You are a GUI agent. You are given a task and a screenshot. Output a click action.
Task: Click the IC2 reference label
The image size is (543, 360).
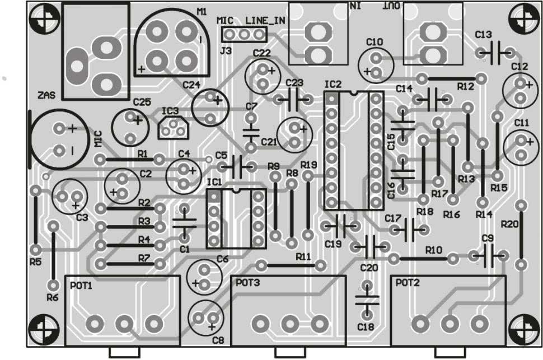click(333, 84)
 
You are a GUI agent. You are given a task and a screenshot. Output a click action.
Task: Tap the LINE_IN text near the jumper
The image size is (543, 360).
click(265, 21)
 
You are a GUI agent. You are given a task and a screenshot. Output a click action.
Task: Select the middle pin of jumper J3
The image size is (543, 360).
click(244, 34)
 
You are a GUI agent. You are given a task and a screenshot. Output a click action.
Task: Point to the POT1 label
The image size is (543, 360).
click(81, 286)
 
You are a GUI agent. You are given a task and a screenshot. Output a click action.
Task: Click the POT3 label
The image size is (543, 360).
click(247, 283)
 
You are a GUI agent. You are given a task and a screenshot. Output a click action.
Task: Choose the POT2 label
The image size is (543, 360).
click(408, 283)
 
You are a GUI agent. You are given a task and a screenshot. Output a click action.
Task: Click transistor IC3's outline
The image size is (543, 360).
click(174, 128)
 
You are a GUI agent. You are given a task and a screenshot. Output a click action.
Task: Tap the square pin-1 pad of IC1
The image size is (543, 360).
click(214, 197)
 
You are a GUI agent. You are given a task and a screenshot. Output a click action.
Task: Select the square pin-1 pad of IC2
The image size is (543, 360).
click(331, 99)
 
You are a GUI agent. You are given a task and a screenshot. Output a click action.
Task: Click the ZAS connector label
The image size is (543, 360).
click(46, 95)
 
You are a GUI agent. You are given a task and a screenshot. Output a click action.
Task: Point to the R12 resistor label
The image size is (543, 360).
click(465, 87)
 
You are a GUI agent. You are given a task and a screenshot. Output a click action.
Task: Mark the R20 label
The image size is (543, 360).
click(510, 224)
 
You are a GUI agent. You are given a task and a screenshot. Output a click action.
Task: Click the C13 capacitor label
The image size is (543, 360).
click(483, 35)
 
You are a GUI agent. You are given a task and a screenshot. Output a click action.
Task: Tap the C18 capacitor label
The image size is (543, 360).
click(366, 327)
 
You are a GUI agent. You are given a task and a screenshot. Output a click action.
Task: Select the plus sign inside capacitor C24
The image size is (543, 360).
click(218, 100)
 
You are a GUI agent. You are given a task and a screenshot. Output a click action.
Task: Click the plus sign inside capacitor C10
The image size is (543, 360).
click(367, 72)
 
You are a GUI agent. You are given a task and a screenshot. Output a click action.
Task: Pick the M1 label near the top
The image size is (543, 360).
click(202, 12)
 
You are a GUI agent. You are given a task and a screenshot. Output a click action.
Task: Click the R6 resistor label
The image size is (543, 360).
click(52, 297)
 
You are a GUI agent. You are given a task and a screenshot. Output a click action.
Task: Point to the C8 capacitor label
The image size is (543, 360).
click(218, 340)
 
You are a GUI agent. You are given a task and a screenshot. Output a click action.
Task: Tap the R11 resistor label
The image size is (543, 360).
click(303, 257)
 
